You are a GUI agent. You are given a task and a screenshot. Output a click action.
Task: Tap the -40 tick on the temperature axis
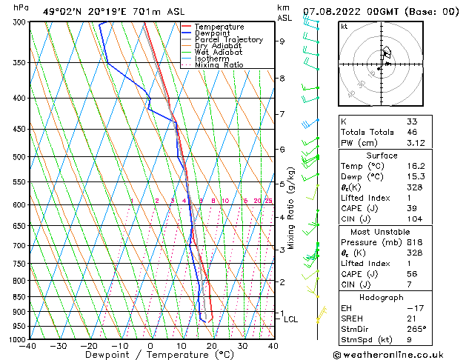tap(28, 345)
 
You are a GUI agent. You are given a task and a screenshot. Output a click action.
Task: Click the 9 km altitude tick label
tap(282, 41)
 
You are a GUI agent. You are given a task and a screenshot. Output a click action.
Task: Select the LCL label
tap(290, 319)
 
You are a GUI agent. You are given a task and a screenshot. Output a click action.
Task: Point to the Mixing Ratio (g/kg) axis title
tap(292, 207)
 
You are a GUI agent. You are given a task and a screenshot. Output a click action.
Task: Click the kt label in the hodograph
tap(344, 26)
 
